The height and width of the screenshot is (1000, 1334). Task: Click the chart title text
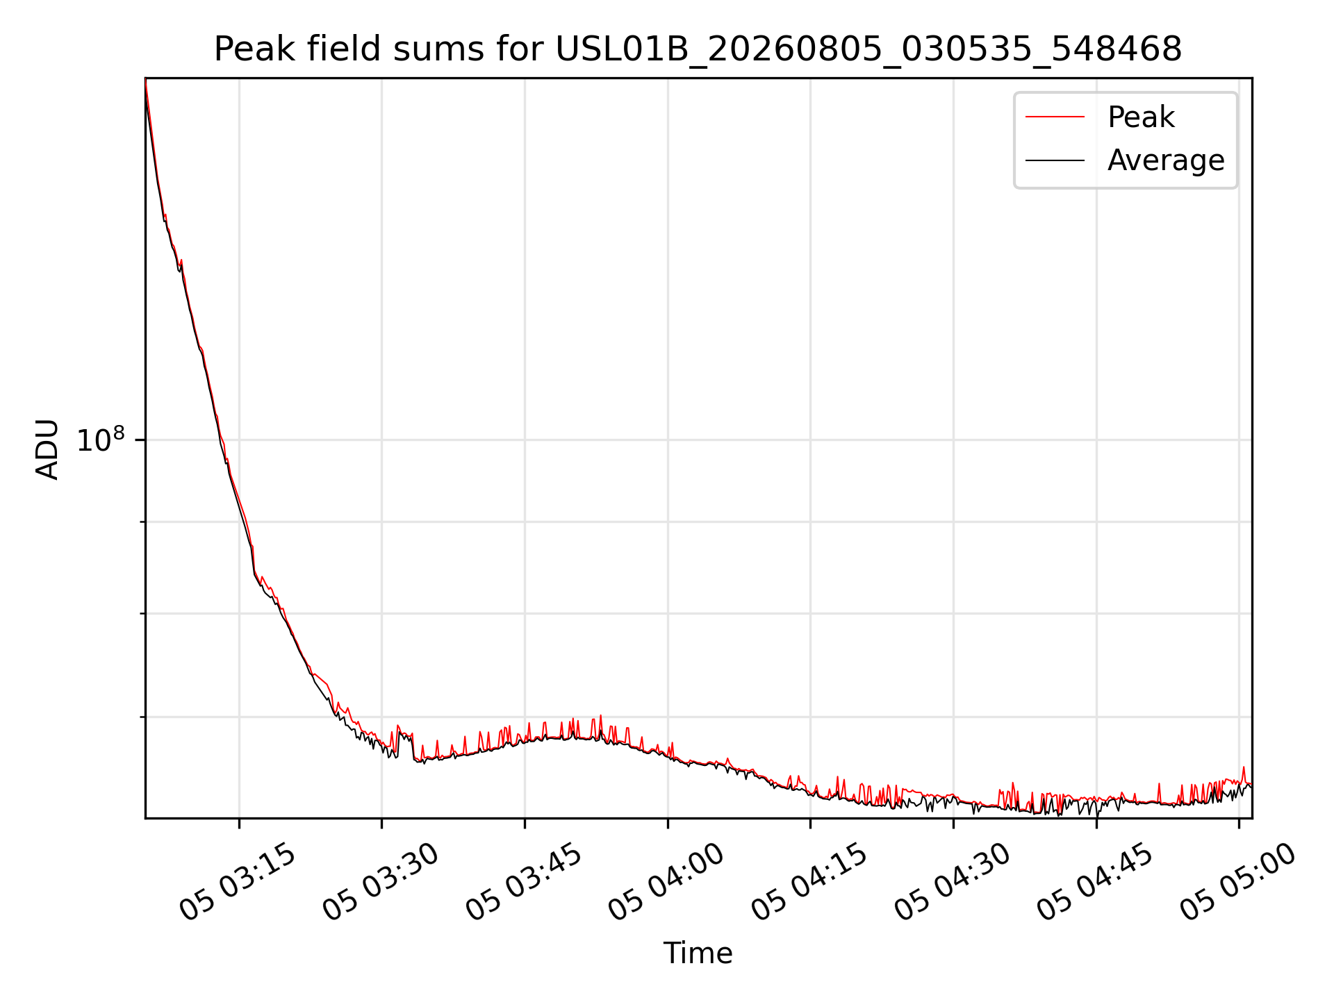pos(698,49)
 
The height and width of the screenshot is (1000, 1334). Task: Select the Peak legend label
pos(1141,117)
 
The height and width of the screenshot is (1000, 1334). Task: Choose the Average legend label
pos(1166,160)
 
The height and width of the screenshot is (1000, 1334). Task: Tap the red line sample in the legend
pos(1055,117)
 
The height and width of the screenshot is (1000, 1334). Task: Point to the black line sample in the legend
pos(1055,160)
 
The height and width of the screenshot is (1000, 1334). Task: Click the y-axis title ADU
pos(47,449)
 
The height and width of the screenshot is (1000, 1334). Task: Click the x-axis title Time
pos(698,953)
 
